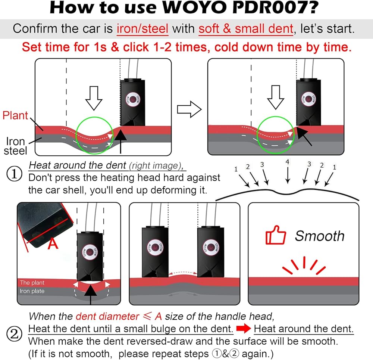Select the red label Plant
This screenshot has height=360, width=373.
[15, 115]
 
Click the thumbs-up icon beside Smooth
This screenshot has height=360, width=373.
[275, 236]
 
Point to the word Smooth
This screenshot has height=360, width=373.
[319, 236]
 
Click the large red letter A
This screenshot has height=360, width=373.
[54, 244]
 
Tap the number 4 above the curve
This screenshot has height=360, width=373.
[287, 161]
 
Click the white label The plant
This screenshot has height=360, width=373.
[32, 283]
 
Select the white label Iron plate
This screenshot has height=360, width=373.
[32, 291]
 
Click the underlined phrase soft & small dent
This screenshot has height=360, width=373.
[246, 28]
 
